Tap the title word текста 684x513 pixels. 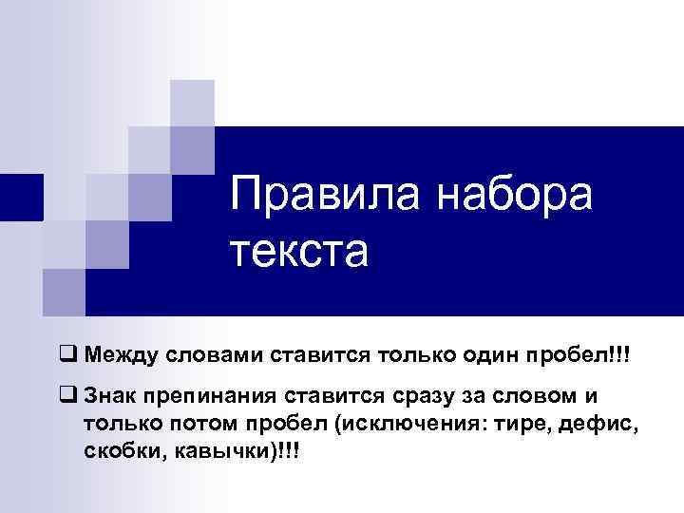pyautogui.click(x=296, y=252)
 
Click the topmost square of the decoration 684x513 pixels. pyautogui.click(x=192, y=103)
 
